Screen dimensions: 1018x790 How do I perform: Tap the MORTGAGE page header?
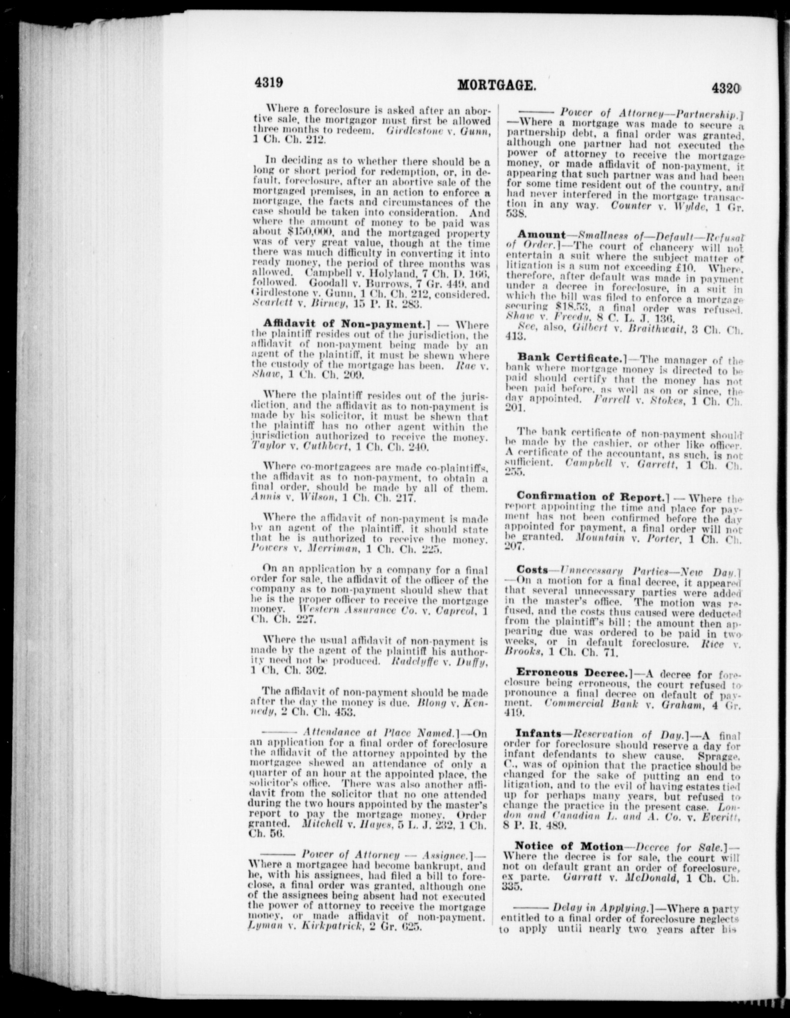click(x=496, y=86)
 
